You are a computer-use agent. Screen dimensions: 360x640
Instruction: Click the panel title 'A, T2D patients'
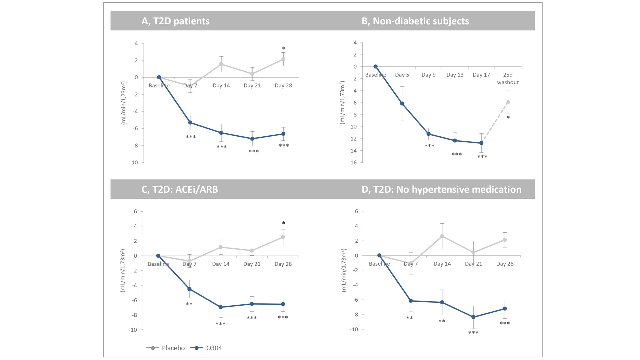(x=175, y=21)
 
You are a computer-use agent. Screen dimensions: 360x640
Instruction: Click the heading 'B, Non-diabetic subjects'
(x=415, y=21)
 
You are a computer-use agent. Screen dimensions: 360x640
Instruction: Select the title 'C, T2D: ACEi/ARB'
(x=180, y=189)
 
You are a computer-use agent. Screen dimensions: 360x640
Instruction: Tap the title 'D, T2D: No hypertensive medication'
(x=441, y=189)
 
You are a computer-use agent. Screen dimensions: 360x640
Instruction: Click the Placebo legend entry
(x=166, y=348)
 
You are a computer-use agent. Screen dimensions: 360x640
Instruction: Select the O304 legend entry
(x=206, y=348)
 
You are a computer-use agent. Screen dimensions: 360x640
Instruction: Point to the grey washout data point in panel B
(x=508, y=102)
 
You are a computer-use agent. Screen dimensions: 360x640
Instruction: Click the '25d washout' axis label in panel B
(x=508, y=79)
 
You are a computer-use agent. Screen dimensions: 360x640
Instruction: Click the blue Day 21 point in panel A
(x=252, y=139)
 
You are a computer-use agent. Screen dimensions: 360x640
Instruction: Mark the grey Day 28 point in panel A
(x=283, y=59)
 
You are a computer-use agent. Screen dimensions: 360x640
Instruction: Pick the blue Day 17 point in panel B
(x=481, y=143)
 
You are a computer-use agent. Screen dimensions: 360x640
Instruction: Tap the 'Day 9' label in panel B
(x=428, y=75)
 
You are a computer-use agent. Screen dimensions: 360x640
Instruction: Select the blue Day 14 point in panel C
(x=221, y=307)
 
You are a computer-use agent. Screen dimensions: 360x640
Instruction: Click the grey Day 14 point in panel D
(x=442, y=236)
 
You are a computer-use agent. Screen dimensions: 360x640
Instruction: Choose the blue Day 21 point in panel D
(x=473, y=317)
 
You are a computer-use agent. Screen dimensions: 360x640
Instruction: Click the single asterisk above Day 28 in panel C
(x=283, y=223)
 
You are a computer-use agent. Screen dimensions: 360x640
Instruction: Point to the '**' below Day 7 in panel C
(x=189, y=304)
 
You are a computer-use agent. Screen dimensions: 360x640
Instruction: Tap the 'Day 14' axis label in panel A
(x=221, y=86)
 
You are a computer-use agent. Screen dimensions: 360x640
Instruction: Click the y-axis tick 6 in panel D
(x=356, y=211)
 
